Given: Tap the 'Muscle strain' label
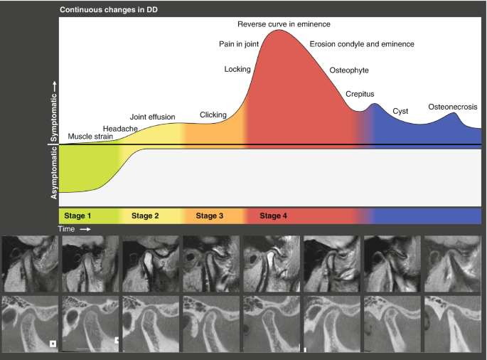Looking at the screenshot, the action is (90, 135).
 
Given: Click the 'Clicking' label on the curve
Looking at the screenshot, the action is (213, 114).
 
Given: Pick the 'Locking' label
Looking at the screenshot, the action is (237, 69).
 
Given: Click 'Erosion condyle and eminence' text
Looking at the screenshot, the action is (362, 44).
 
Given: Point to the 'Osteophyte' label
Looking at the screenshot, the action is (349, 70).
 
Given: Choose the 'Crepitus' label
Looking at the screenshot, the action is (360, 94).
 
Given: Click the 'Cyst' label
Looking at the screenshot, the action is (400, 112).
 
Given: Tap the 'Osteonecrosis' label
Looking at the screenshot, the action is (452, 107).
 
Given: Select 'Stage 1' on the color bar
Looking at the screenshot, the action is (78, 216).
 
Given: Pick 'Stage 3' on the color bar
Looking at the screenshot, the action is (210, 216).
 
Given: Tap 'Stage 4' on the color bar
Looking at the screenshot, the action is (274, 216).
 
